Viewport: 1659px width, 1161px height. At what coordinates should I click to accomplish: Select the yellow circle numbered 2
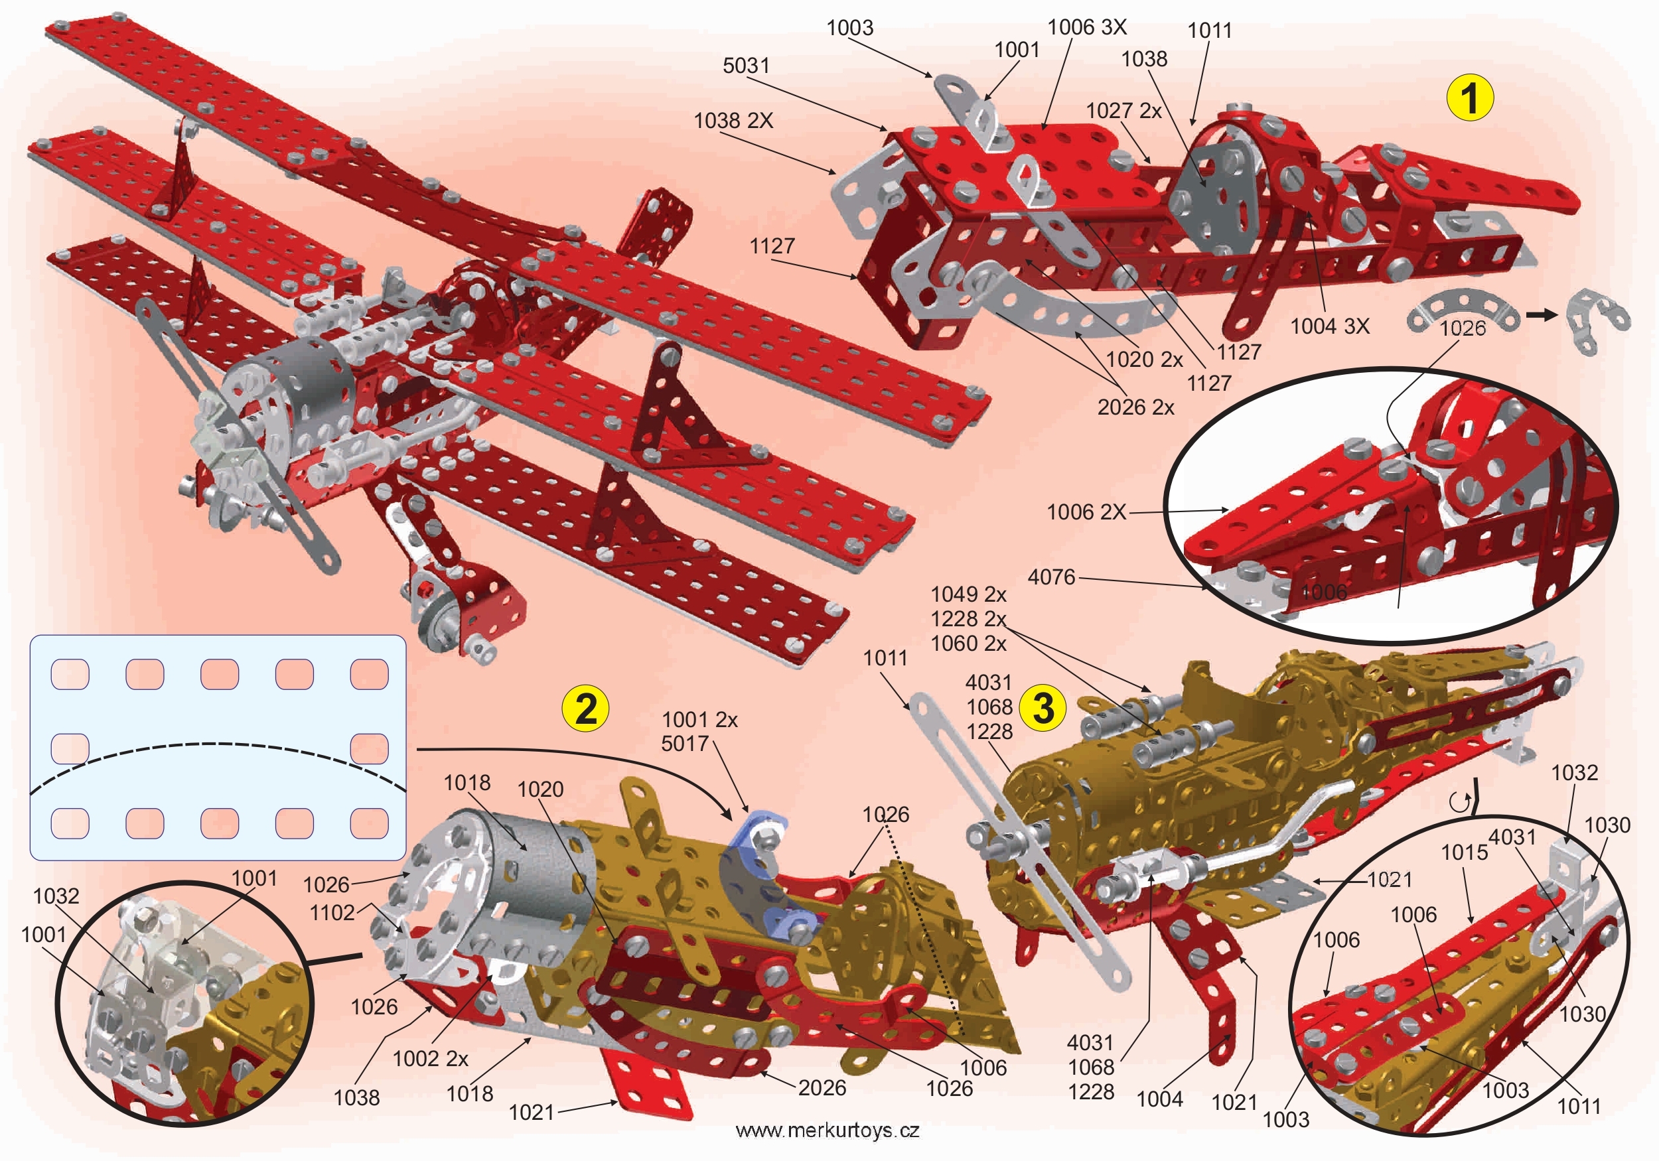pos(585,709)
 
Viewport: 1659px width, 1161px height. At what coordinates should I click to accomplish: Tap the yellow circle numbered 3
pos(1043,707)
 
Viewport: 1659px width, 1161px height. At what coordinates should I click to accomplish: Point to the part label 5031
pos(746,66)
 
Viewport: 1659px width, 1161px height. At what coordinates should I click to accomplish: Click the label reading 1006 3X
pos(1087,27)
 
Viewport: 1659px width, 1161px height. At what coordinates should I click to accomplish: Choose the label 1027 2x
pos(1123,111)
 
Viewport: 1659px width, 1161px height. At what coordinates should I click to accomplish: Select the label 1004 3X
pos(1329,326)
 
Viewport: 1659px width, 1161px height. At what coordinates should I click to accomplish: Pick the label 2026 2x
pos(1136,407)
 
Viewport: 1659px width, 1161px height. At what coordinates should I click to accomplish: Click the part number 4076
pos(1051,577)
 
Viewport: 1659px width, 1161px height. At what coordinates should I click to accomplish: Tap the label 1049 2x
pos(968,594)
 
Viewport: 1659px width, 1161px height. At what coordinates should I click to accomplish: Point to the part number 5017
pos(685,744)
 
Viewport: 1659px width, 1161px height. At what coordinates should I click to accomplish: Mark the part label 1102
pos(332,913)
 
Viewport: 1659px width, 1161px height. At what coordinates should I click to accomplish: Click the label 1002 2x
pos(430,1059)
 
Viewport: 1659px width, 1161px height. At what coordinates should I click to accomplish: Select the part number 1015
pos(1464,853)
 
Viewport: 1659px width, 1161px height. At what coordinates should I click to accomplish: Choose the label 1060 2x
pos(968,644)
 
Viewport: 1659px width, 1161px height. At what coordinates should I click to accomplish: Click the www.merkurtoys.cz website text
pos(828,1130)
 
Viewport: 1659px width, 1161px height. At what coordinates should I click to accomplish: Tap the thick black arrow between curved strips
pos(1542,315)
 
